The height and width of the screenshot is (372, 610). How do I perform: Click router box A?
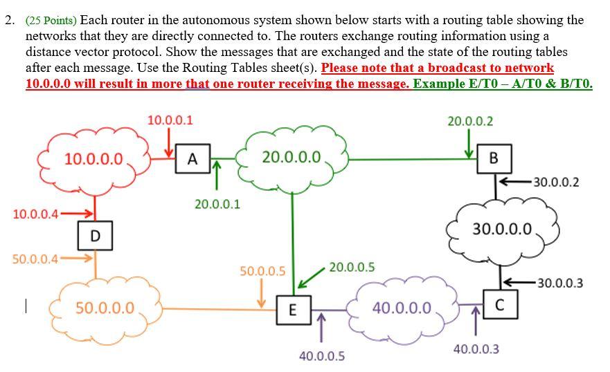192,158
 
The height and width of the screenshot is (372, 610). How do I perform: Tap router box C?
499,304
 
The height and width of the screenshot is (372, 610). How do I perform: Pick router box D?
95,236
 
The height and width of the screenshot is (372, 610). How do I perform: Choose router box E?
291,310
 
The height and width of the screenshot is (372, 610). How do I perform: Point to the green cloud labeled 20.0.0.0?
291,158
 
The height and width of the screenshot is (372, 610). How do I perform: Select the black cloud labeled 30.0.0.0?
503,229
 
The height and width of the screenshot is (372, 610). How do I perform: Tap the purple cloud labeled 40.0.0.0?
402,308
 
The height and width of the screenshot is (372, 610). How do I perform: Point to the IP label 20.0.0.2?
470,121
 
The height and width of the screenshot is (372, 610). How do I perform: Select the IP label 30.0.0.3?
560,282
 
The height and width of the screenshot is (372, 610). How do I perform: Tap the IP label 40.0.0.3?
476,349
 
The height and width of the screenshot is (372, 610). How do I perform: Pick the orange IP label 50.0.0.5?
262,271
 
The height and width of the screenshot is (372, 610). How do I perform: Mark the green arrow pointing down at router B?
469,145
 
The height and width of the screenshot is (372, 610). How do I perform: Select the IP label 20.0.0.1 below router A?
217,204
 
